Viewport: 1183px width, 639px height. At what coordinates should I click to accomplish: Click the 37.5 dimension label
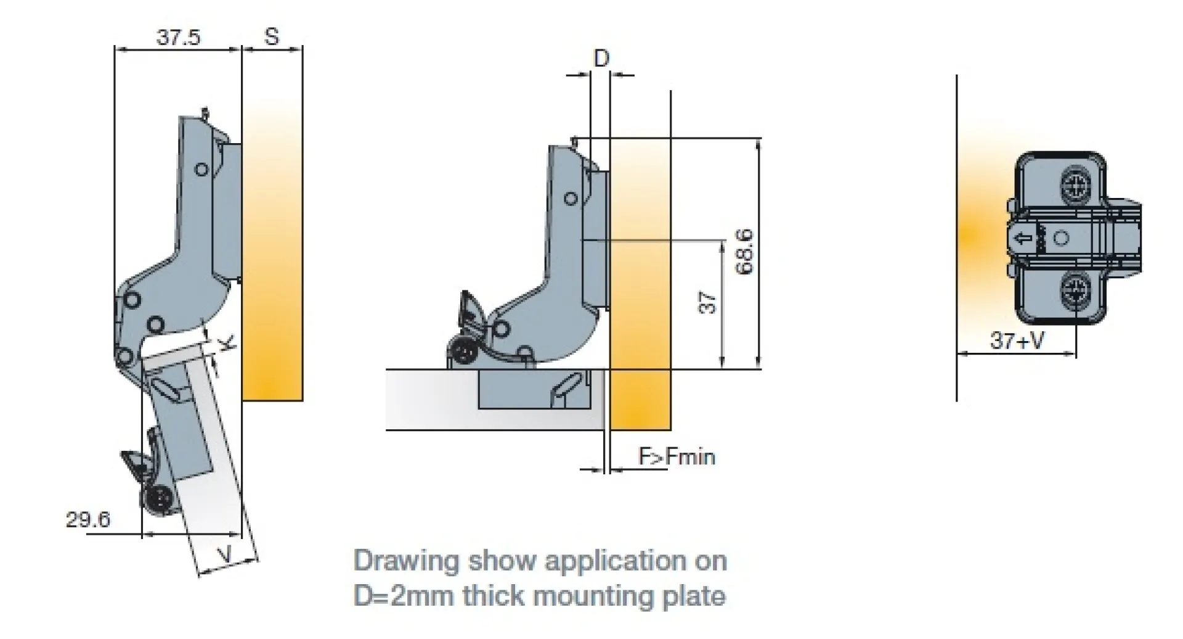pos(178,37)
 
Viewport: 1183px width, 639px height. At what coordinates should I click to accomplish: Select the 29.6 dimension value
pos(88,519)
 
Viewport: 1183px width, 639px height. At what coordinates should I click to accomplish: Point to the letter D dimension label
pos(601,58)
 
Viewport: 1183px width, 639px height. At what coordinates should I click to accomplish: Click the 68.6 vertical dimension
pos(744,251)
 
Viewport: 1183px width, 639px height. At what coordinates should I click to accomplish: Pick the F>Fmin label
pos(677,456)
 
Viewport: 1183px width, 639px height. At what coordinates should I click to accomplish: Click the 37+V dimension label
pos(1017,340)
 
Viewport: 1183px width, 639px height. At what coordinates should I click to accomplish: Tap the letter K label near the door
pos(227,343)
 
